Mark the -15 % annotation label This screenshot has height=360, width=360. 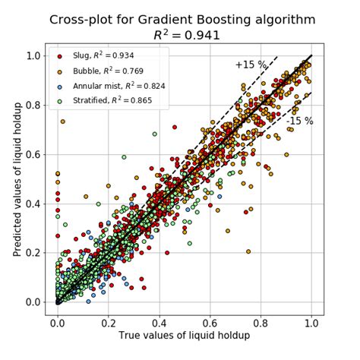pyautogui.click(x=300, y=121)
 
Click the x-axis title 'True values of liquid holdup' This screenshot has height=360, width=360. pyautogui.click(x=184, y=335)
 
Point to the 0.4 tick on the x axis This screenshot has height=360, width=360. pyautogui.click(x=159, y=321)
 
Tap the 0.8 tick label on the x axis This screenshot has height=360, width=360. pyautogui.click(x=261, y=321)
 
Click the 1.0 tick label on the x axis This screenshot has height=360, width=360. pyautogui.click(x=311, y=321)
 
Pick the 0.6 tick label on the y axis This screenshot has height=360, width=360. pyautogui.click(x=34, y=154)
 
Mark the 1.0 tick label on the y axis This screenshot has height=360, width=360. pyautogui.click(x=34, y=55)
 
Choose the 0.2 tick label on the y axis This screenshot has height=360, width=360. pyautogui.click(x=34, y=252)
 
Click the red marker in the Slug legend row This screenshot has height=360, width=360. pyautogui.click(x=60, y=57)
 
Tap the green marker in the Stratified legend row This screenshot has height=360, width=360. pyautogui.click(x=60, y=101)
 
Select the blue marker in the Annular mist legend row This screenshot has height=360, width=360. pyautogui.click(x=60, y=87)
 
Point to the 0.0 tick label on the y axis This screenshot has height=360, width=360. pyautogui.click(x=34, y=302)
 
